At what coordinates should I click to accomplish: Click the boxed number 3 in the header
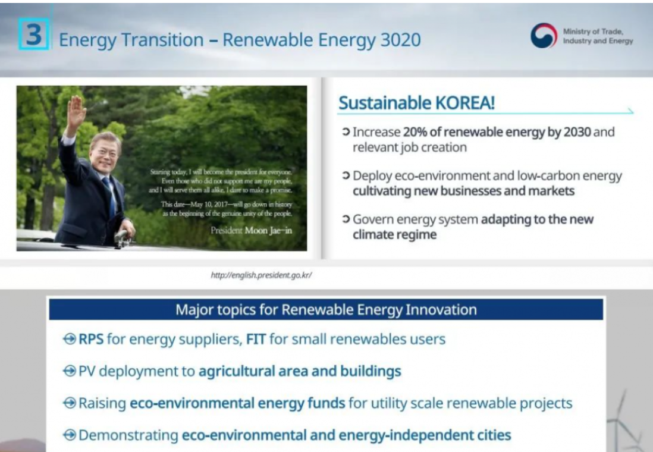(34, 34)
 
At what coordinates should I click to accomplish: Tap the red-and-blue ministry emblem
(544, 36)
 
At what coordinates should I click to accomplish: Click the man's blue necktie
(111, 195)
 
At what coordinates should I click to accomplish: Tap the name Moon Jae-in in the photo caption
(268, 230)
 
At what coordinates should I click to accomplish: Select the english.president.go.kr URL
(261, 275)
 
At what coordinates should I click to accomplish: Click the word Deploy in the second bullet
(372, 176)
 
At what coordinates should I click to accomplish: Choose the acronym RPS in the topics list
(91, 339)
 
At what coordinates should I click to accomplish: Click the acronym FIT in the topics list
(256, 339)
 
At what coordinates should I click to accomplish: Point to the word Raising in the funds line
(102, 403)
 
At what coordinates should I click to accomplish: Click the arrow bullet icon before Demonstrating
(70, 435)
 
